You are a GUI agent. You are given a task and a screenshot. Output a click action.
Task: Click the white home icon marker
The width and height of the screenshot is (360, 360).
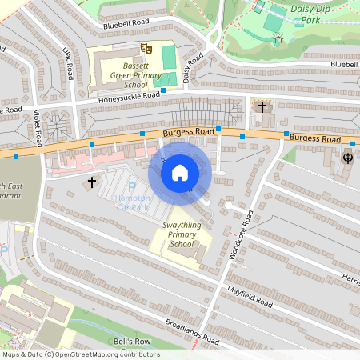point(180,172)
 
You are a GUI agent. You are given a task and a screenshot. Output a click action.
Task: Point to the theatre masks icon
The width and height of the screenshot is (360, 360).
point(146,50)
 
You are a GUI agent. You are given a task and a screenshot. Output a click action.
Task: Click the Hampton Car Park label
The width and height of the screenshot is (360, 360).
point(133,202)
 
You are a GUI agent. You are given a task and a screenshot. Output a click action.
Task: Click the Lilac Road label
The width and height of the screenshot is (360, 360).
point(68,62)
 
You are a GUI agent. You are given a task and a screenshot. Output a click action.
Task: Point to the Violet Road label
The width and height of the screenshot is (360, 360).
point(38,128)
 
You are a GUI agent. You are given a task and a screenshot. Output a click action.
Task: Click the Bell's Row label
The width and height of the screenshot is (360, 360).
point(132,342)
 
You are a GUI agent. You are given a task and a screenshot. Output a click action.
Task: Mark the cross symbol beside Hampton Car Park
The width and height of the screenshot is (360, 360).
point(91,182)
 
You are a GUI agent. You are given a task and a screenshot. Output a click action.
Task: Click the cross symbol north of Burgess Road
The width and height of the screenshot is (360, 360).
point(262,106)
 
